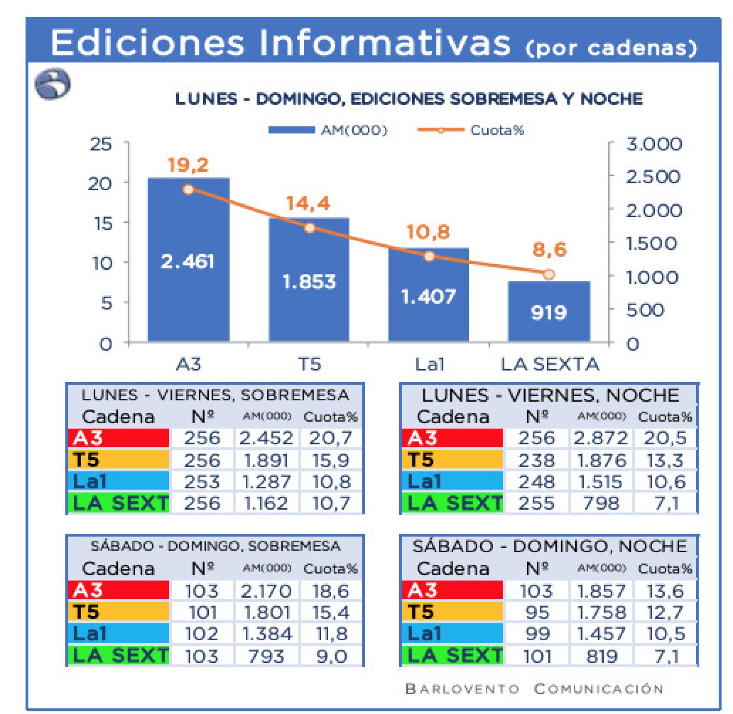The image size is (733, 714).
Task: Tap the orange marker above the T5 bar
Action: pos(309,228)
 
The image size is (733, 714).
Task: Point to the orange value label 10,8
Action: pos(428,232)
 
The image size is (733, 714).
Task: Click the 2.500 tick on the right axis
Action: pos(653,176)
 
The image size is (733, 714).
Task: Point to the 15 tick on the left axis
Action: pos(103,223)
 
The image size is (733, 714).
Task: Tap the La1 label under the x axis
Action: pos(429,365)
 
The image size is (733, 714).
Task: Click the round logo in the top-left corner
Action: pos(52,84)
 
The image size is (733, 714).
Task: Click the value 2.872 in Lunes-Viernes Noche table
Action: pos(600,438)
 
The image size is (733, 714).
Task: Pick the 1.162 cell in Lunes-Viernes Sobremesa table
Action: pos(266,503)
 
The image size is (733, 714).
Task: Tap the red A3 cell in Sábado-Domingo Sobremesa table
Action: pos(119,590)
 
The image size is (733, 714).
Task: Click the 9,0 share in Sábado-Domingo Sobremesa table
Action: pos(331,656)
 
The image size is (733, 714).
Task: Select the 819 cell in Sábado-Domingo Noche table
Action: pos(601,656)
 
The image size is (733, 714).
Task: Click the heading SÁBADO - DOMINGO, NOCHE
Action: pos(550,546)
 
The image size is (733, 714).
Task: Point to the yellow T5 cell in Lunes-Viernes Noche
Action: pos(452,460)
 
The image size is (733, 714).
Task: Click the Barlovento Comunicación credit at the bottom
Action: pos(534,689)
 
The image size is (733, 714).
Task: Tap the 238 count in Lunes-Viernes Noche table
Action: pos(536,460)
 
